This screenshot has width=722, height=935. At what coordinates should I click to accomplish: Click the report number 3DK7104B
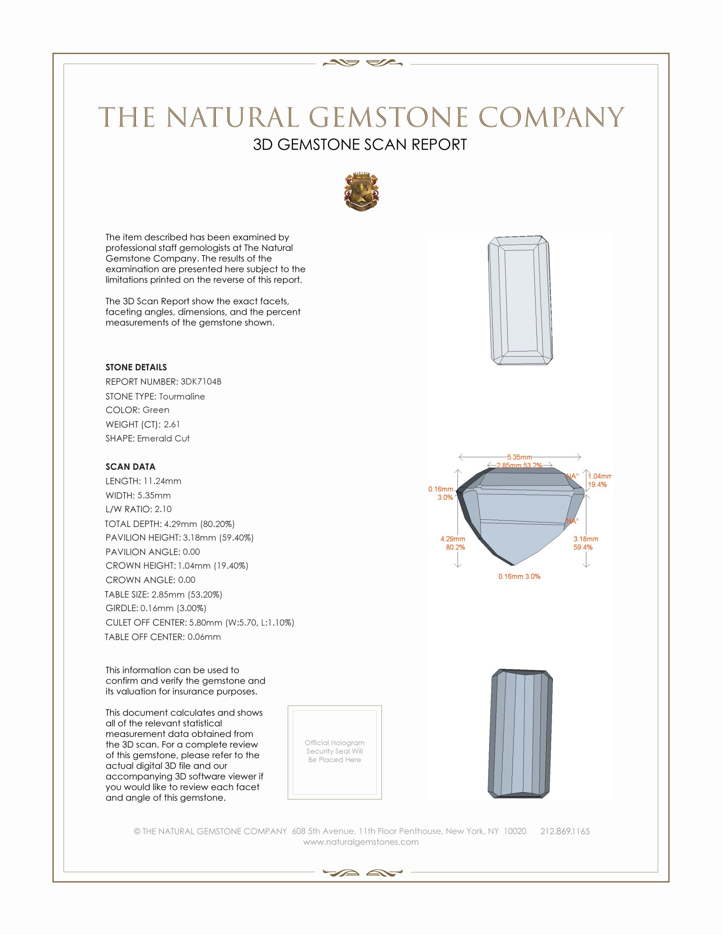tap(200, 382)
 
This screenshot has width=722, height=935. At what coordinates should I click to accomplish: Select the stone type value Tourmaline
tap(182, 397)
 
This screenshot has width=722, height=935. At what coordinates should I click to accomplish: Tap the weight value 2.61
tap(172, 424)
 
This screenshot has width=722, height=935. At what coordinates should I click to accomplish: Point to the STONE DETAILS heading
tap(136, 367)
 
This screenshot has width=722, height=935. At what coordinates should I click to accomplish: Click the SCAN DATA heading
tap(130, 467)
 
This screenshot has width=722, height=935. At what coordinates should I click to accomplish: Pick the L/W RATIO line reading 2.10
tap(138, 509)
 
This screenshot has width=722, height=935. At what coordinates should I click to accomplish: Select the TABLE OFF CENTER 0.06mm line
tap(163, 637)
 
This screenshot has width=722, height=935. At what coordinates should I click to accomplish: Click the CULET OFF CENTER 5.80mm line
tap(200, 623)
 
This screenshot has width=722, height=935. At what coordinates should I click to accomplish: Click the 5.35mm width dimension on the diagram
tap(519, 457)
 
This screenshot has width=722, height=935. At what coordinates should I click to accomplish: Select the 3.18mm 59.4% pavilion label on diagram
tap(586, 543)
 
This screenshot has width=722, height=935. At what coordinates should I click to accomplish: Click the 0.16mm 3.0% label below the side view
tap(519, 576)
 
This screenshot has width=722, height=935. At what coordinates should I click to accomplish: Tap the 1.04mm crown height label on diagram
tap(599, 476)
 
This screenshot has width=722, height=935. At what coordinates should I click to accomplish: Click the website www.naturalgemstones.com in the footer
tap(361, 841)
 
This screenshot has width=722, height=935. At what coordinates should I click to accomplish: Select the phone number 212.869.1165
tap(564, 831)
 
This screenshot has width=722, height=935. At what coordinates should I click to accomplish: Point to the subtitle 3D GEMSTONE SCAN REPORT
tap(360, 144)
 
